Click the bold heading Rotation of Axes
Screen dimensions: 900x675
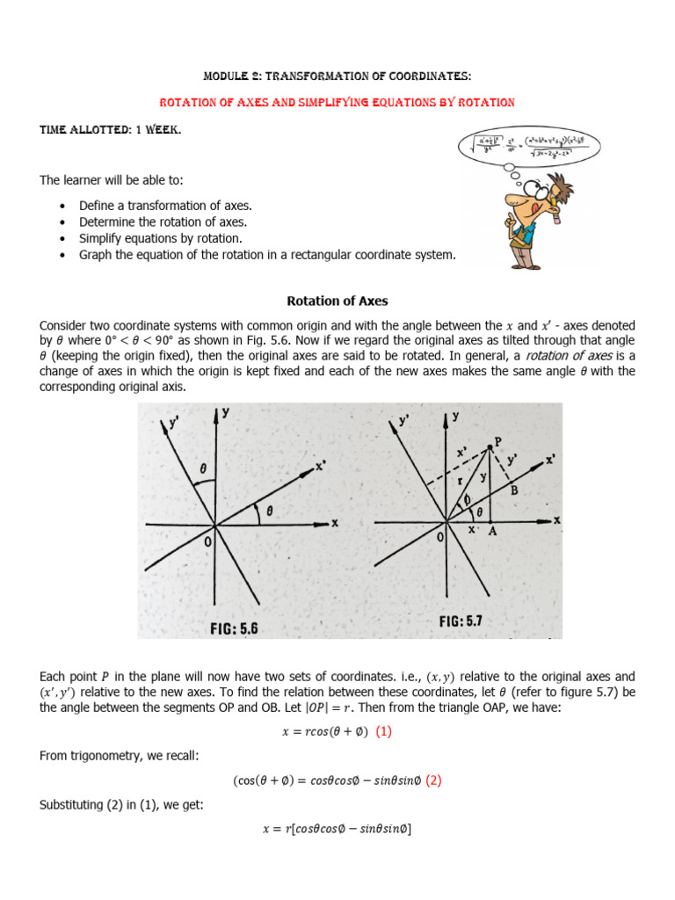337,301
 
